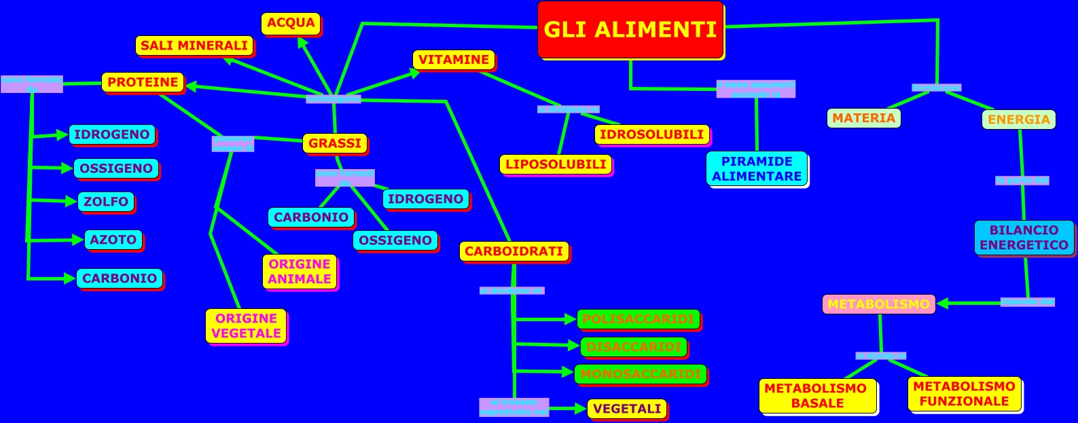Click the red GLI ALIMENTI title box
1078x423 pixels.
630,30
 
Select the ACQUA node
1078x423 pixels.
291,23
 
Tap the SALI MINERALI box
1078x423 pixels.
194,46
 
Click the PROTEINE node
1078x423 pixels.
143,82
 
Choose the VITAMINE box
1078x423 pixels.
454,60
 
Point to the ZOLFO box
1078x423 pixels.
106,202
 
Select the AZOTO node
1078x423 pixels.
113,240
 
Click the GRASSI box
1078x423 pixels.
335,143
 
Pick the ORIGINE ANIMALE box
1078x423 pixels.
300,272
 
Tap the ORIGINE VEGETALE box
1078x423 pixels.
246,326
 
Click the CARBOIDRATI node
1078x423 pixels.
514,251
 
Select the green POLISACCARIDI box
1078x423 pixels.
639,319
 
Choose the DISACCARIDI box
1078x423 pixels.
634,347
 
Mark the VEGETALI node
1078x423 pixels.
627,409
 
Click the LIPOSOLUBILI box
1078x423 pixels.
556,164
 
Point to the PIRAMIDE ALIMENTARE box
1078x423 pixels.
757,169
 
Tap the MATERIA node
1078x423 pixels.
864,118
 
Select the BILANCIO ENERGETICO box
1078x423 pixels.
1024,238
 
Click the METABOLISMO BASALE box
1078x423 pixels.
817,396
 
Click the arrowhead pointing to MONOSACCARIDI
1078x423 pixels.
569,371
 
